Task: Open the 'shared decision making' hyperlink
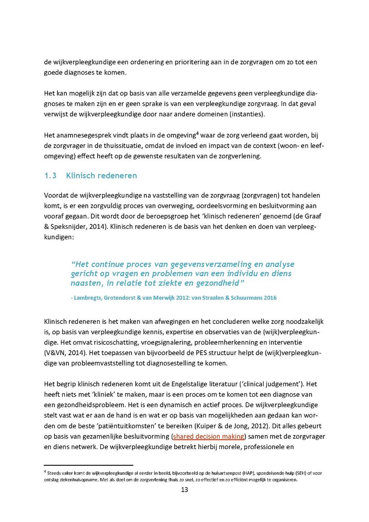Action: pos(209,436)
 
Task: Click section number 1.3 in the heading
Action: pos(50,176)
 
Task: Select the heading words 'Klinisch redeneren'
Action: pos(101,176)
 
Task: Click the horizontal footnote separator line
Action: pos(89,465)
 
